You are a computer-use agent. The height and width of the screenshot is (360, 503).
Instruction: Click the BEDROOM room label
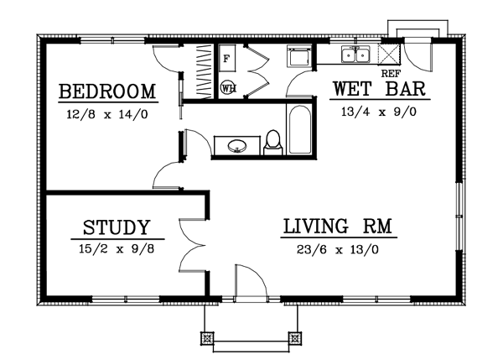coord(108,91)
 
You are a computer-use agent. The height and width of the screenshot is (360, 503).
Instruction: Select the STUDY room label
coord(117,227)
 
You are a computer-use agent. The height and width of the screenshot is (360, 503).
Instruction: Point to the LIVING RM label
coord(339,227)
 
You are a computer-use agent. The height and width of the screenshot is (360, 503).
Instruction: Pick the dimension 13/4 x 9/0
coord(380,110)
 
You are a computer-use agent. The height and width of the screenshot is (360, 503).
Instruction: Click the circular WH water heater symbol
coord(227,86)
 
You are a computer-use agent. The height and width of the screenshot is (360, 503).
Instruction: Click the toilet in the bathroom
coord(272,144)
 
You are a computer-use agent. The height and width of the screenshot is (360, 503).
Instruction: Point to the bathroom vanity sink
coord(238,147)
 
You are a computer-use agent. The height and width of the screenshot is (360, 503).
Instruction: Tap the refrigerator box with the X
coord(390,55)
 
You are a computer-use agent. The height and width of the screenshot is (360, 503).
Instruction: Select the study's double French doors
coord(191,245)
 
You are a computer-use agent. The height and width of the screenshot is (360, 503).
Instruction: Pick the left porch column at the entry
coord(207,339)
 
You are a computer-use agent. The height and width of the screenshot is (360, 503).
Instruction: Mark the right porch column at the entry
coord(294,339)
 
